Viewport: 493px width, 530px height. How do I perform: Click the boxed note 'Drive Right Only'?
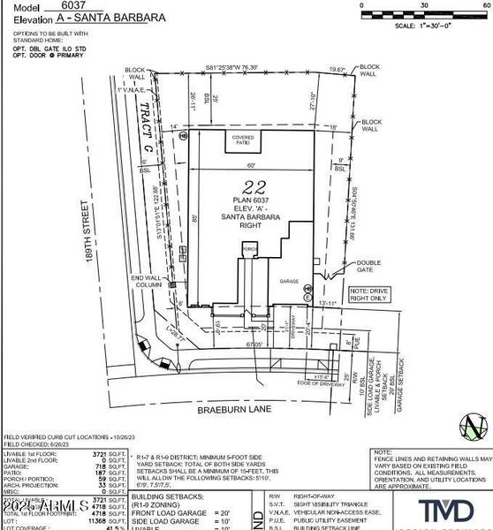pyautogui.click(x=371, y=294)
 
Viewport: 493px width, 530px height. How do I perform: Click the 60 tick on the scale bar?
pyautogui.click(x=486, y=5)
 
